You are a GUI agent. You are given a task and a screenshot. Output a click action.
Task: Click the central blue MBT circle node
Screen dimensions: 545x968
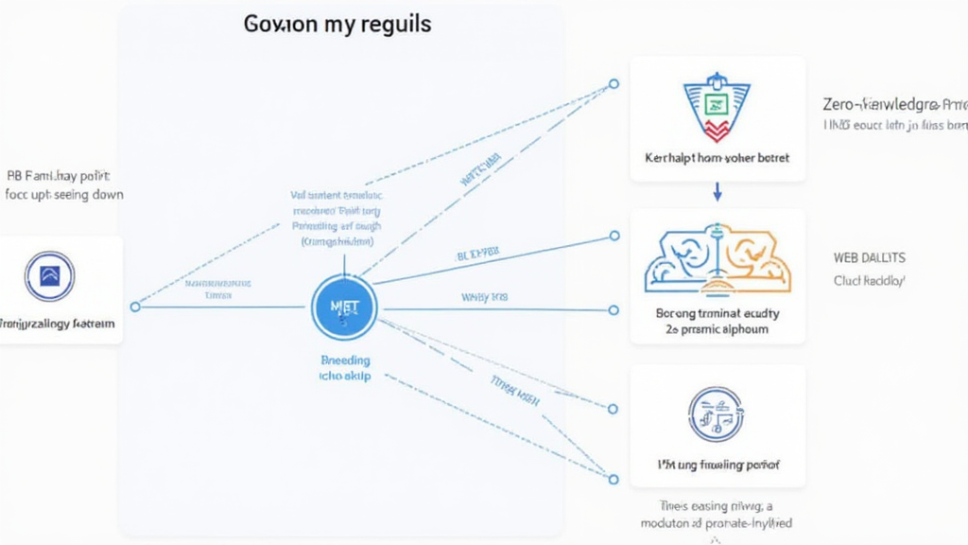coord(344,308)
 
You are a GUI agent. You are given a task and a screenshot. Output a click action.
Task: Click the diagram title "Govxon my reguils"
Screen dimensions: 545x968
coord(337,24)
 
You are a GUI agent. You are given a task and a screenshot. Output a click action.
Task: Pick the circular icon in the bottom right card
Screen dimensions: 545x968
coord(716,414)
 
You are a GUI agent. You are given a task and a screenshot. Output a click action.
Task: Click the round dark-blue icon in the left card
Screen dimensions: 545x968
coord(50,276)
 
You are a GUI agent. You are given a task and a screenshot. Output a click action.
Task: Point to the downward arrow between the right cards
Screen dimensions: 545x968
coord(717,192)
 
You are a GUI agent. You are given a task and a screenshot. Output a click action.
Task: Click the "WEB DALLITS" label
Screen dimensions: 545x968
coord(869,257)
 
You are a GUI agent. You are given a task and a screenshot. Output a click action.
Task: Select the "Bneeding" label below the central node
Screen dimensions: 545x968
coord(345,360)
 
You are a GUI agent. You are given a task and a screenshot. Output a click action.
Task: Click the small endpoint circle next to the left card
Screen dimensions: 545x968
coord(135,307)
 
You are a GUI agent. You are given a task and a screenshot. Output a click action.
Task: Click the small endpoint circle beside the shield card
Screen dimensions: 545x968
coord(614,84)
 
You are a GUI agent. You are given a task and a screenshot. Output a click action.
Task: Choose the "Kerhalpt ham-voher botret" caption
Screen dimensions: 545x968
coord(717,157)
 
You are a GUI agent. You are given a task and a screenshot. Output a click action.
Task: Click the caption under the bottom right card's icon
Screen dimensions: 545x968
coord(717,466)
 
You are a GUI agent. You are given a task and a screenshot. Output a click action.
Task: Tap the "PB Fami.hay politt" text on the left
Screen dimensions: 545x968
coord(59,176)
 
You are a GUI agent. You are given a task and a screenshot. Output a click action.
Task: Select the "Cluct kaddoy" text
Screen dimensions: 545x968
coord(869,281)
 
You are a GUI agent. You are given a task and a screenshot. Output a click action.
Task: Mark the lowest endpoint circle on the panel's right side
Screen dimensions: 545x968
coord(614,479)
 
